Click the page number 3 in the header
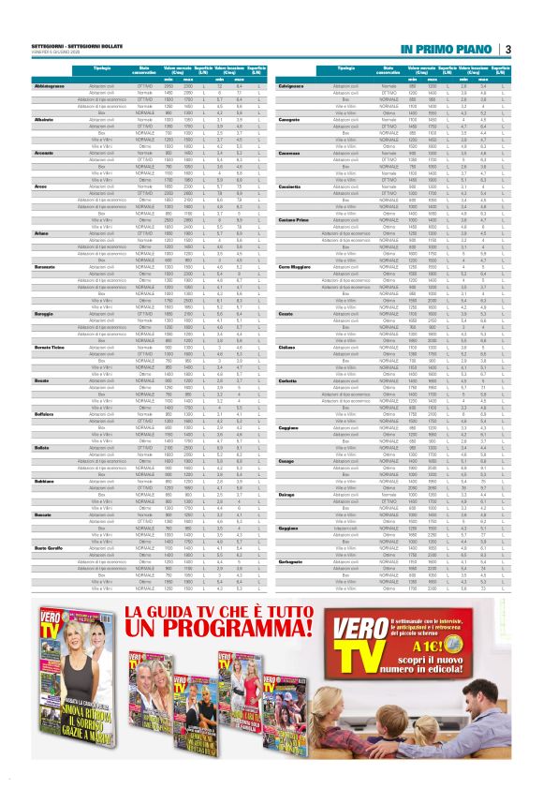pyautogui.click(x=507, y=49)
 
